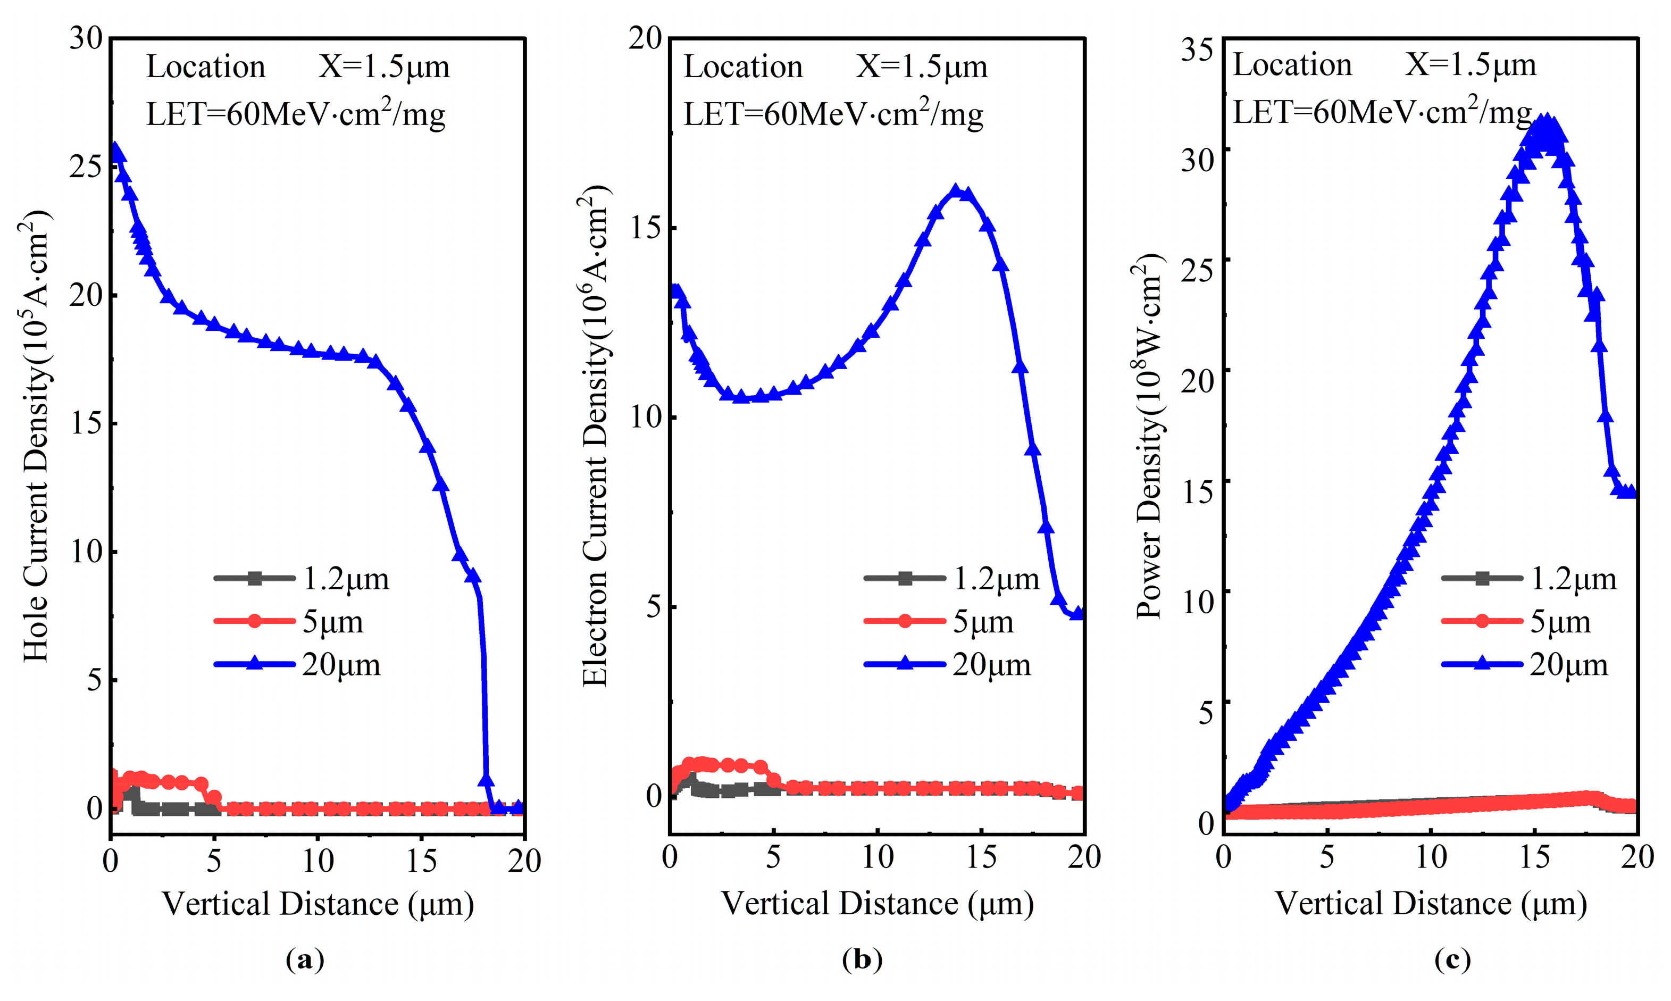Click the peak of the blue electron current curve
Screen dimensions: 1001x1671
[x=955, y=191]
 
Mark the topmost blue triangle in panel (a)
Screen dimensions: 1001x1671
[x=116, y=150]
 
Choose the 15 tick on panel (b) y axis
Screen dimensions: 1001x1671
[x=645, y=228]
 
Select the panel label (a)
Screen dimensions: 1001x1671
[x=305, y=959]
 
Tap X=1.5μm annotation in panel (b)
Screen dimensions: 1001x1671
[x=921, y=66]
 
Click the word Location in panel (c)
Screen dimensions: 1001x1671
[x=1292, y=65]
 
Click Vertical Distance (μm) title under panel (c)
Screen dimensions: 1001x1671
[x=1430, y=903]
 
